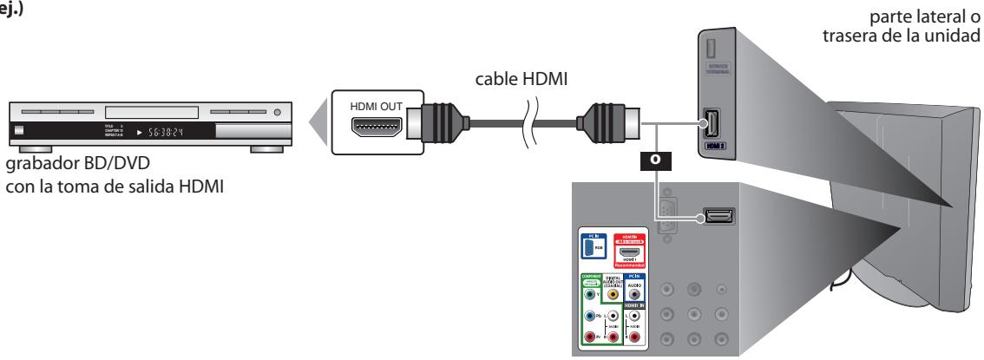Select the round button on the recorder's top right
(x=278, y=113)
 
